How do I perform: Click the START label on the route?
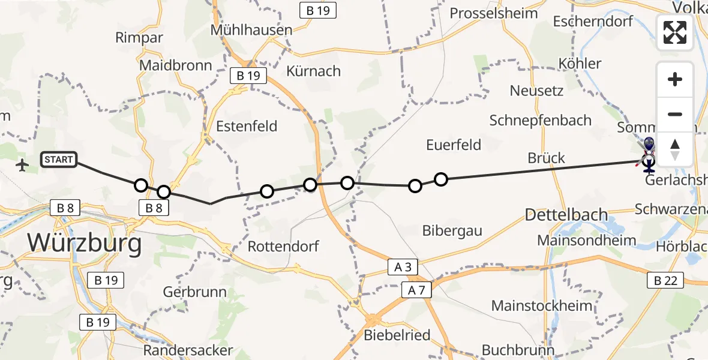[x=59, y=160]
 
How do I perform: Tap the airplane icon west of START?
[x=23, y=164]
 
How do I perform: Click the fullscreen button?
[x=675, y=32]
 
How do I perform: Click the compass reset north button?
[x=675, y=149]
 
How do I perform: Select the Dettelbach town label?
[x=566, y=214]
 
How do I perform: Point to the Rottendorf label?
[x=284, y=246]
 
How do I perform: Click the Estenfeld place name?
[x=247, y=126]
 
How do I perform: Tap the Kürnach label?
[x=313, y=71]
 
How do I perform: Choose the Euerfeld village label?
[x=454, y=145]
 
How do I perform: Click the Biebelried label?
[x=397, y=335]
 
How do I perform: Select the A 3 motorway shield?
[x=403, y=267]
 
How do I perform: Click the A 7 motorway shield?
[x=416, y=290]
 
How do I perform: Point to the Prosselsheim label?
[x=493, y=13]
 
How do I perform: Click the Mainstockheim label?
[x=541, y=305]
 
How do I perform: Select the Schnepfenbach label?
[x=540, y=120]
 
